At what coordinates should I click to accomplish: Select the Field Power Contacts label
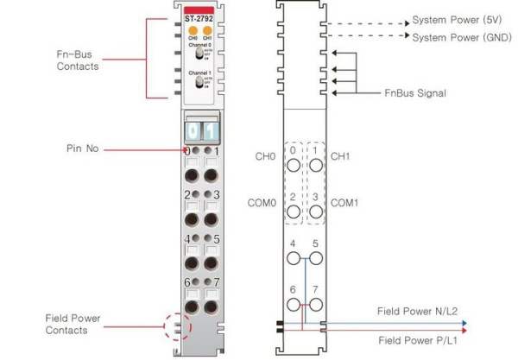tap(73, 324)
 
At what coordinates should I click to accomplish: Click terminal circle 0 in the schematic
tap(294, 164)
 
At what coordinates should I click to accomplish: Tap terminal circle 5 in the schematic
tap(316, 257)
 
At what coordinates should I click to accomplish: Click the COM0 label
tap(262, 203)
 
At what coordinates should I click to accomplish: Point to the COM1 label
tap(347, 203)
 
